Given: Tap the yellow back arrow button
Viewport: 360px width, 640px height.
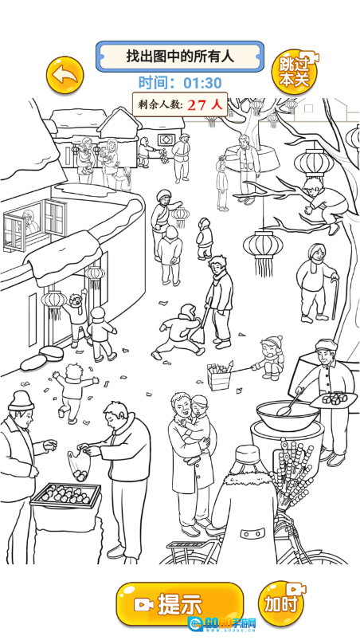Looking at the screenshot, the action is [65, 75].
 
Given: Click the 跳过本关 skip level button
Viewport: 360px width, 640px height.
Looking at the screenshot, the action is [295, 72].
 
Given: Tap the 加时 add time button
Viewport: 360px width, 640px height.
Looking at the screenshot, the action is [282, 603].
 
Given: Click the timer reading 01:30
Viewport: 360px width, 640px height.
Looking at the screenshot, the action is [202, 83].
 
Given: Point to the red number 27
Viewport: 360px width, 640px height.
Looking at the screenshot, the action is [197, 105].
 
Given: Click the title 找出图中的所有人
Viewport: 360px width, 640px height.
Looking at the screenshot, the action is [180, 56].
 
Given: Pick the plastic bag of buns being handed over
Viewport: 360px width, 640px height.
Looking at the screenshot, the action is [79, 465].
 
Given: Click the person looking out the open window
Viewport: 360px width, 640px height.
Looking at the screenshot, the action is [29, 222].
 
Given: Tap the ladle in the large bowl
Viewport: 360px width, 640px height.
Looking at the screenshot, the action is [291, 402].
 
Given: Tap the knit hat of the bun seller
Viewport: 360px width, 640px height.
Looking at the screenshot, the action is [21, 400].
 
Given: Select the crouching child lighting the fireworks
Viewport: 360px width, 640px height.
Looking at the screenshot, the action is [269, 358].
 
